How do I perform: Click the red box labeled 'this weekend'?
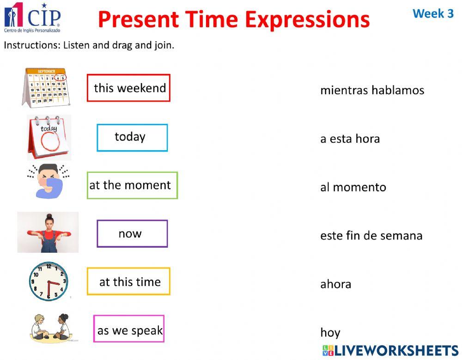128,88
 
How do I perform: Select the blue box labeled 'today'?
132,137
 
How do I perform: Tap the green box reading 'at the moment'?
132,185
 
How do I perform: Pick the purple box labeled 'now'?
132,233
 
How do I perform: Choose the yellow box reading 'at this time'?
128,281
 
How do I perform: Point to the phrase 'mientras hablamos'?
372,90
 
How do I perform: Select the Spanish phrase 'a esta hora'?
350,139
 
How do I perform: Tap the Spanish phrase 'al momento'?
353,187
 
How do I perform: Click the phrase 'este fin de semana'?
371,236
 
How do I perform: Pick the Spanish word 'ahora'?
335,284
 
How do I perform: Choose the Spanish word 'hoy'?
330,332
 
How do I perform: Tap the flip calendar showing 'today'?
49,137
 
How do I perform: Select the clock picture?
49,281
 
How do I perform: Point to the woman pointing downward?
48,232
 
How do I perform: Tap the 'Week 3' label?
433,13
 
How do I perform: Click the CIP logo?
32,18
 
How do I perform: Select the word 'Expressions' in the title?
307,19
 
